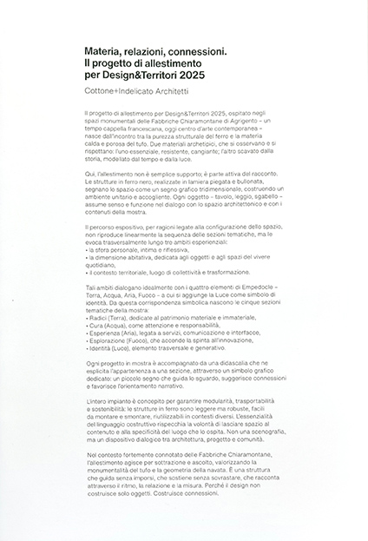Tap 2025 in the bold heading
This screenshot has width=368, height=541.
point(200,76)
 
